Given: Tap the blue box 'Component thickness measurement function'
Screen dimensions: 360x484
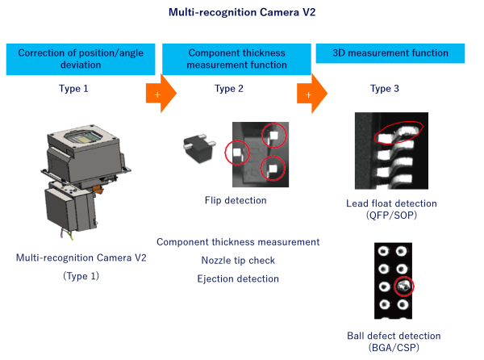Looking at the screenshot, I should pos(236,59).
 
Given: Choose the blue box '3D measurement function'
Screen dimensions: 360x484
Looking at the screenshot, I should pos(390,53).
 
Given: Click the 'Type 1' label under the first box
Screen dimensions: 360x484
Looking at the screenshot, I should pos(73,88).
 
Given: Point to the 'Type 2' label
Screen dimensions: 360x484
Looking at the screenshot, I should pos(229,88).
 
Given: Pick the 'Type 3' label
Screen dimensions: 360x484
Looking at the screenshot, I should pos(385,88).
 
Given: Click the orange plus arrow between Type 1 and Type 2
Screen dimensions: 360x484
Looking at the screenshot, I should pos(157,94).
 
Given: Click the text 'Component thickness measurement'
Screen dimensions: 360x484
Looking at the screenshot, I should pos(238,242).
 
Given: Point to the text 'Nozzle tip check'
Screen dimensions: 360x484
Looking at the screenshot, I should pos(238,261).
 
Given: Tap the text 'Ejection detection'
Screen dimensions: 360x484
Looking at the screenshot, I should pos(238,279).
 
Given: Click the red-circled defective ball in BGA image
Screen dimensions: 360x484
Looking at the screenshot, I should pos(403,287).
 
